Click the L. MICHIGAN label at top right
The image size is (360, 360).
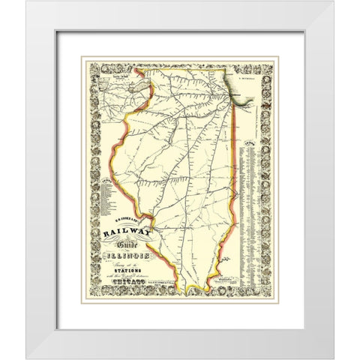[246, 75]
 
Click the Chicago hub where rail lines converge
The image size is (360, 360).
[224, 94]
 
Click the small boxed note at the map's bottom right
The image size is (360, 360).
[227, 277]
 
